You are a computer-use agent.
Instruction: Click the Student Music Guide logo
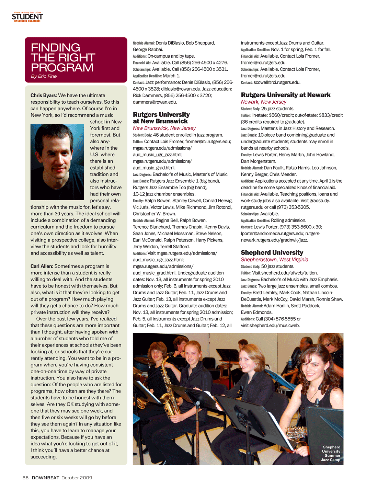pyautogui.click(x=27, y=17)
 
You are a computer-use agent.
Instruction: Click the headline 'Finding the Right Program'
pyautogui.click(x=63, y=57)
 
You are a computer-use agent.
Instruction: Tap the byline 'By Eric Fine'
pyautogui.click(x=44, y=76)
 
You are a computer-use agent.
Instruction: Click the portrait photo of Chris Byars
pyautogui.click(x=57, y=162)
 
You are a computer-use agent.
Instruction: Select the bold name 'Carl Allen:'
pyautogui.click(x=42, y=266)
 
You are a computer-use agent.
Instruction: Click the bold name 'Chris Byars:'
pyautogui.click(x=44, y=95)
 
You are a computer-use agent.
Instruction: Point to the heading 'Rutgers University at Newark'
pyautogui.click(x=285, y=95)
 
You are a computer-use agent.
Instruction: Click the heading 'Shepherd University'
pyautogui.click(x=272, y=252)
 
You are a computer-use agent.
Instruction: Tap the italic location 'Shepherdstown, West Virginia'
pyautogui.click(x=274, y=260)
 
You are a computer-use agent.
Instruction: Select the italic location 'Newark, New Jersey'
pyautogui.click(x=263, y=102)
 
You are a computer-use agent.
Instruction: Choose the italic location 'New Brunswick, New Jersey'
pyautogui.click(x=164, y=128)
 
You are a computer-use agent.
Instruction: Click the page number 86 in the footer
pyautogui.click(x=25, y=478)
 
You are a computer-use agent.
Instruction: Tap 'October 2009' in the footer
pyautogui.click(x=77, y=478)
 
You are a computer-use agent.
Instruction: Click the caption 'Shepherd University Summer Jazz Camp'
pyautogui.click(x=331, y=453)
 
